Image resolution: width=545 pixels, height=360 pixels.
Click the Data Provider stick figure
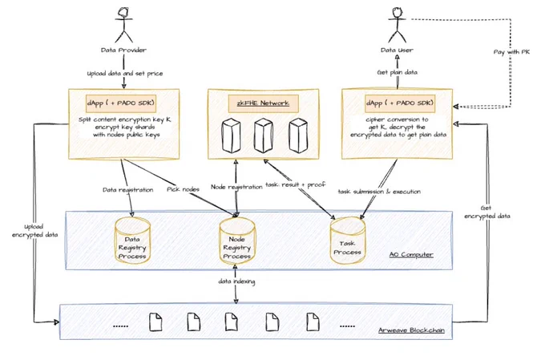point(123,25)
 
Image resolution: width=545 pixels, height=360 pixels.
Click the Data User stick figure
point(398,25)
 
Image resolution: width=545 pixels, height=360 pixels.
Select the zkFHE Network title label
point(263,103)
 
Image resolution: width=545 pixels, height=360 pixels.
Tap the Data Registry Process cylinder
point(132,241)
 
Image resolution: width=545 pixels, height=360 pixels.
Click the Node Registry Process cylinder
point(237,241)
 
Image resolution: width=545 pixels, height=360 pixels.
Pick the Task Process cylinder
point(348,241)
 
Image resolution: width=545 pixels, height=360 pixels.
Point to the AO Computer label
point(411,255)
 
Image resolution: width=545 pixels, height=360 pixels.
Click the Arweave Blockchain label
point(411,330)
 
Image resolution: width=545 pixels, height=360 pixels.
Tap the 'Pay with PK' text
point(511,52)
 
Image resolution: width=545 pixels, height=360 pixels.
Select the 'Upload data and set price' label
point(125,74)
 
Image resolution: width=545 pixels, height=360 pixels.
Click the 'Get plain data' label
point(398,72)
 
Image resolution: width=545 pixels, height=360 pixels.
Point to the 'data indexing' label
point(236,281)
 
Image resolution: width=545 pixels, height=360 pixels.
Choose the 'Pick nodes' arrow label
point(184,189)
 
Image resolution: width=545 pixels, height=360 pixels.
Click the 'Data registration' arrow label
point(128,190)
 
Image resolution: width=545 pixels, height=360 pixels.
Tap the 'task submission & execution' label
point(380,192)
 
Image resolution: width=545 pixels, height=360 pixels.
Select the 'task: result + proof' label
point(296,184)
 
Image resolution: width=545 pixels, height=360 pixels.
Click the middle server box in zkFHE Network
point(263,136)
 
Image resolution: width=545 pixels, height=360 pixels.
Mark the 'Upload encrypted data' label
point(34,231)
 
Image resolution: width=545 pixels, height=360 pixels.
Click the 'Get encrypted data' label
point(487,212)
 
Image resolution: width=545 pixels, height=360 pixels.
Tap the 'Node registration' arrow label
point(236,187)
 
